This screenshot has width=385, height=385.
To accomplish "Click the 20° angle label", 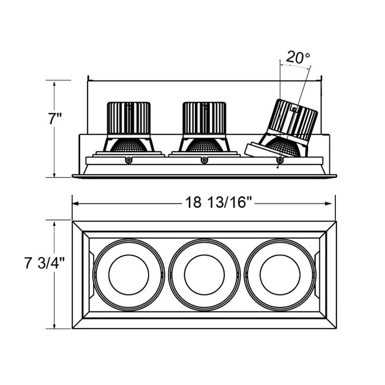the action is click(x=298, y=57).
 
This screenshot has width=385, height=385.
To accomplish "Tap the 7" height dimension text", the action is click(x=55, y=119).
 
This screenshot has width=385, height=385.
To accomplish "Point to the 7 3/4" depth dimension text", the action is click(x=44, y=263).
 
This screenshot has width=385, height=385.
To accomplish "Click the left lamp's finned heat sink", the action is click(x=129, y=118).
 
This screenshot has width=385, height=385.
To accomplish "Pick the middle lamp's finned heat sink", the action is click(x=204, y=118).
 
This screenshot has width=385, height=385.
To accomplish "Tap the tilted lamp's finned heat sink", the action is click(x=293, y=120).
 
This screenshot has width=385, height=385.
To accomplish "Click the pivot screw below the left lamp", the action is click(x=129, y=161).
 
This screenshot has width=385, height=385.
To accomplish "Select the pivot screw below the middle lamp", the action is click(x=204, y=161).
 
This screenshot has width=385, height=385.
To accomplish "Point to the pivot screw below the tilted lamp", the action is click(x=280, y=161).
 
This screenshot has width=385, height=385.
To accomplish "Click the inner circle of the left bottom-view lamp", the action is click(x=129, y=275).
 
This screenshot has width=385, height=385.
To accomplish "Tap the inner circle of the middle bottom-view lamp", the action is click(x=204, y=275).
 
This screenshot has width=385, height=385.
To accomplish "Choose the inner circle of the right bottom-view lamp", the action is click(x=280, y=275).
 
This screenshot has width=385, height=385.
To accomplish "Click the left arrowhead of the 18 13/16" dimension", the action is click(x=75, y=204).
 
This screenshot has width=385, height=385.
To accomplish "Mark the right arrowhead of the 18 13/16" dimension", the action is click(x=329, y=204).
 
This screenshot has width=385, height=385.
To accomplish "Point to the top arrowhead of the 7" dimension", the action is click(x=54, y=84).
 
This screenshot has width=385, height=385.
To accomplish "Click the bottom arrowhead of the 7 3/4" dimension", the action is click(x=54, y=325).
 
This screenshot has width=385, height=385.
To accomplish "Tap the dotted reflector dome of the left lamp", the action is click(x=129, y=146).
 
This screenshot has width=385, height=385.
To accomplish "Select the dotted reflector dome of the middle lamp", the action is click(x=204, y=146).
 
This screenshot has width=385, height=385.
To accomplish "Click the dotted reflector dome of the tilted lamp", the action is click(x=283, y=146).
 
